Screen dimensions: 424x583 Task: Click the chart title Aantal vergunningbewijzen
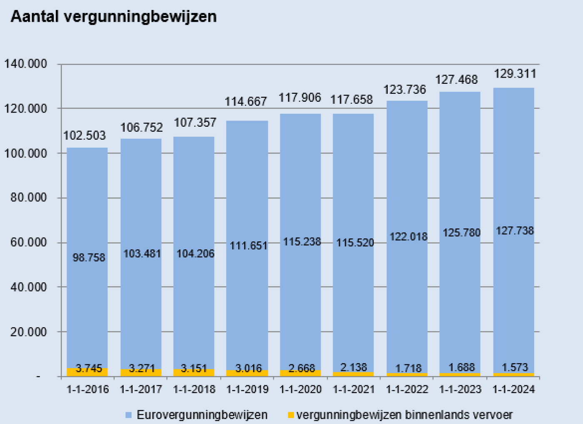[113, 17]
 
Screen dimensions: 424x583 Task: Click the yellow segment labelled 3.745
[87, 372]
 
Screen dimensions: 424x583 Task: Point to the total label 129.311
[515, 74]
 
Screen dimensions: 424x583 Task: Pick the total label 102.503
[85, 135]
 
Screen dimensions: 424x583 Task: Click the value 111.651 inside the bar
[248, 246]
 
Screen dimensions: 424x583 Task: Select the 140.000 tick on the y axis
[26, 64]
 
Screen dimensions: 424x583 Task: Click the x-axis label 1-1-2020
[300, 389]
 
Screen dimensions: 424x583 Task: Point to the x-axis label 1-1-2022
[407, 389]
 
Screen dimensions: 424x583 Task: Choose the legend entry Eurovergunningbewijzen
[202, 415]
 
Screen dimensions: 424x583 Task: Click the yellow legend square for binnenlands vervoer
[291, 415]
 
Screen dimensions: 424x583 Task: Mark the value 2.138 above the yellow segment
[354, 367]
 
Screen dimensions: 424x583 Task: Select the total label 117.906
[300, 98]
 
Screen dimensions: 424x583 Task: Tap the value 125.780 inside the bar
[461, 232]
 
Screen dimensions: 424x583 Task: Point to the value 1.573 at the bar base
[515, 367]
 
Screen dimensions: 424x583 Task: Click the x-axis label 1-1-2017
[140, 389]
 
